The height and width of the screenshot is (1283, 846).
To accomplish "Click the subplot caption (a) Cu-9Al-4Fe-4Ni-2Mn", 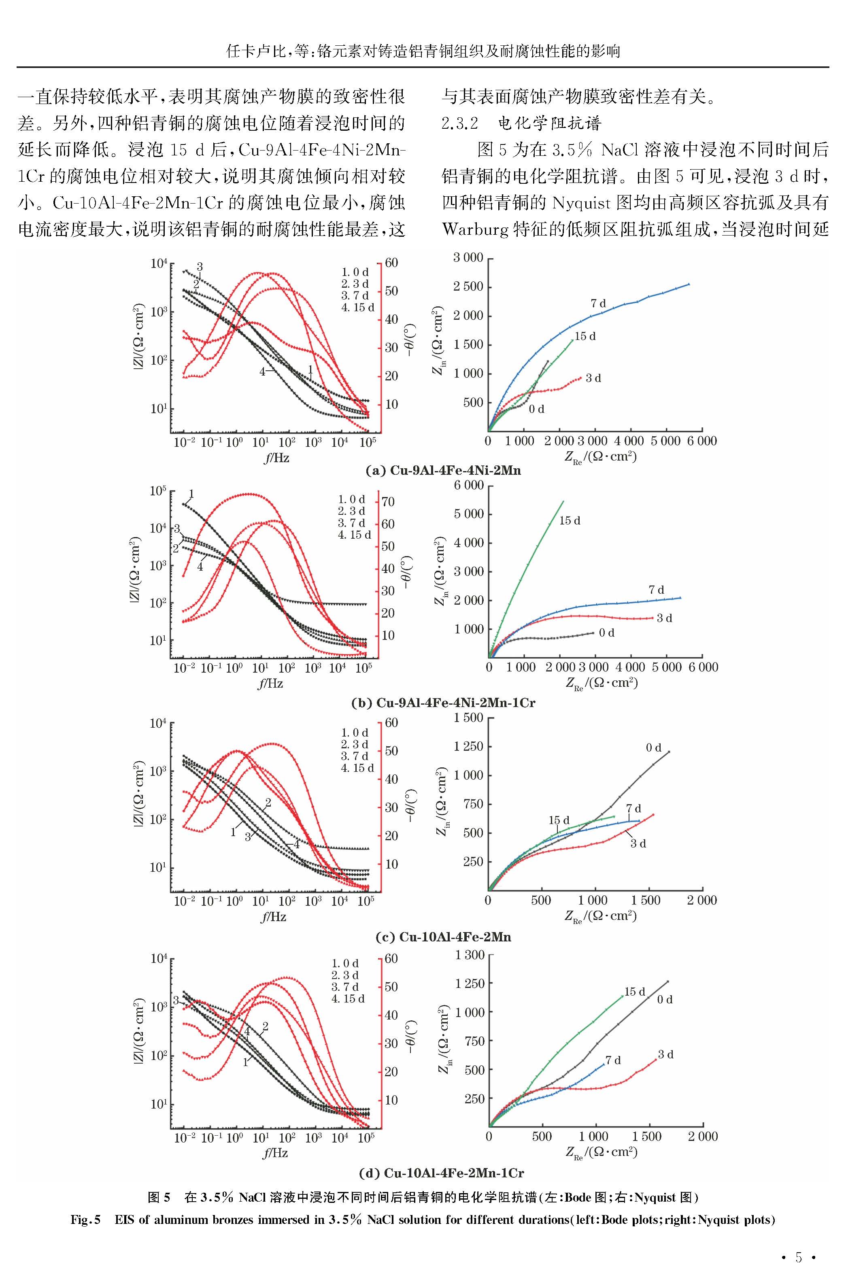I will tap(443, 470).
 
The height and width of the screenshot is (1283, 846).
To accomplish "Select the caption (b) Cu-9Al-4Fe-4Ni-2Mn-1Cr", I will tap(443, 703).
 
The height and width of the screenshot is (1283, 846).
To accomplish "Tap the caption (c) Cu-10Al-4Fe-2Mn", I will tap(443, 937).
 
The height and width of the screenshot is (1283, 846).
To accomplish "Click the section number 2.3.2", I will tap(460, 123).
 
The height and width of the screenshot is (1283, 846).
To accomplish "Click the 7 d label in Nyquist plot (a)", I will tap(598, 304).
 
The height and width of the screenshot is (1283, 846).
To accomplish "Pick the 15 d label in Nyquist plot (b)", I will tap(570, 520).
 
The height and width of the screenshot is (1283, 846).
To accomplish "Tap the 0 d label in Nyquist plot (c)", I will tap(653, 748).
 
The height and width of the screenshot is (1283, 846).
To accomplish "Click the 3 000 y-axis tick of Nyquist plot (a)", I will tap(468, 258).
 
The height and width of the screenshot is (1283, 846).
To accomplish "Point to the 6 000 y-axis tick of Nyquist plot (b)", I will tap(468, 485).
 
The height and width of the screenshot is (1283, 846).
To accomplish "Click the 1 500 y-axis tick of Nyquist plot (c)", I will tap(468, 718).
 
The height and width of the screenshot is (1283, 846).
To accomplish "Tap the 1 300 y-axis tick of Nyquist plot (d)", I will tap(470, 955).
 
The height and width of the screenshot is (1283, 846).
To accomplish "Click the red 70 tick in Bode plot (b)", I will tap(388, 501).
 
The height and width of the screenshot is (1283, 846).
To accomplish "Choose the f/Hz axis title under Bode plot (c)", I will tap(274, 917).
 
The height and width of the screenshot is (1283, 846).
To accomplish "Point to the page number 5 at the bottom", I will tap(799, 1258).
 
